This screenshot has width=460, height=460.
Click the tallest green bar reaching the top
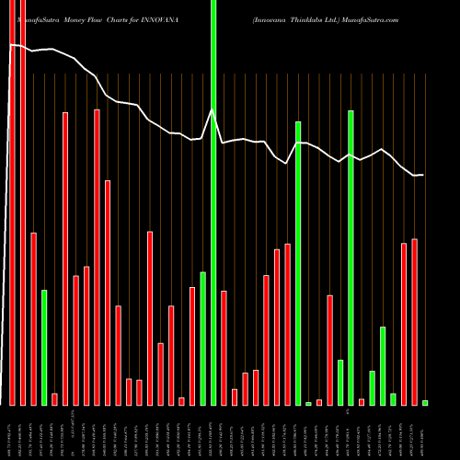coord(213,202)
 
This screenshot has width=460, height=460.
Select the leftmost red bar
coord(12,202)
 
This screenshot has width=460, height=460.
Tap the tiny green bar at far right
coord(425,403)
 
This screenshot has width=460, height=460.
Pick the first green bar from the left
coord(44,347)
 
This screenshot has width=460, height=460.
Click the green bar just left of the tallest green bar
coord(202,338)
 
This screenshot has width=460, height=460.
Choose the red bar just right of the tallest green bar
coord(224,347)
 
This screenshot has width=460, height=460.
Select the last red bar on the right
coord(415,321)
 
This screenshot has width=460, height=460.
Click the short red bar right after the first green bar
coord(54,399)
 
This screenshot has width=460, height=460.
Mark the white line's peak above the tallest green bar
coord(213,109)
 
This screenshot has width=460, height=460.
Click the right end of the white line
coord(423,175)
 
